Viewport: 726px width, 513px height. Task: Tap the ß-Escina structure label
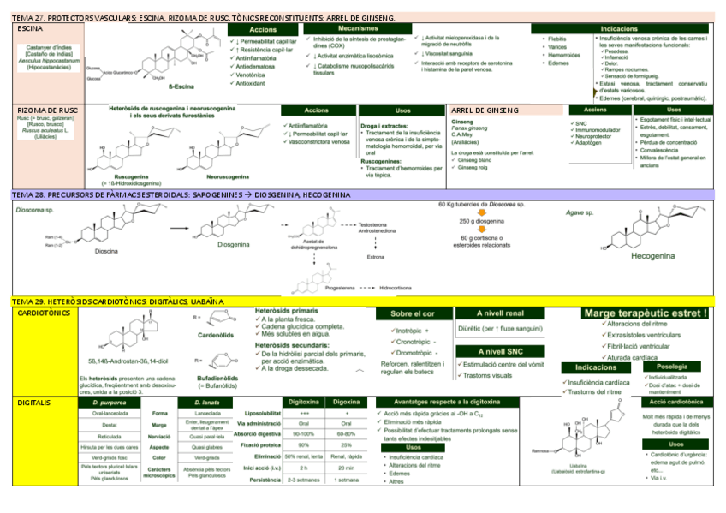coord(181,86)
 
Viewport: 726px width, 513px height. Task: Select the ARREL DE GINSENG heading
coord(485,110)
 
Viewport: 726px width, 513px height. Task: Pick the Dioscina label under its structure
coord(107,251)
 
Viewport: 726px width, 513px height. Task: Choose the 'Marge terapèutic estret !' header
coord(646,313)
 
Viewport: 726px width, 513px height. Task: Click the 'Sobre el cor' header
coord(408,314)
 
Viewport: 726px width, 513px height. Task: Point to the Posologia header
coord(677,367)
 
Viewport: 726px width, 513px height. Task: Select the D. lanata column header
coord(206,402)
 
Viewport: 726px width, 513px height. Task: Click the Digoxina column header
coord(346,402)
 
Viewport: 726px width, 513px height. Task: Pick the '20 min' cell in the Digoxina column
coord(346,467)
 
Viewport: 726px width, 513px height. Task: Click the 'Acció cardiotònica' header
coord(676,402)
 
